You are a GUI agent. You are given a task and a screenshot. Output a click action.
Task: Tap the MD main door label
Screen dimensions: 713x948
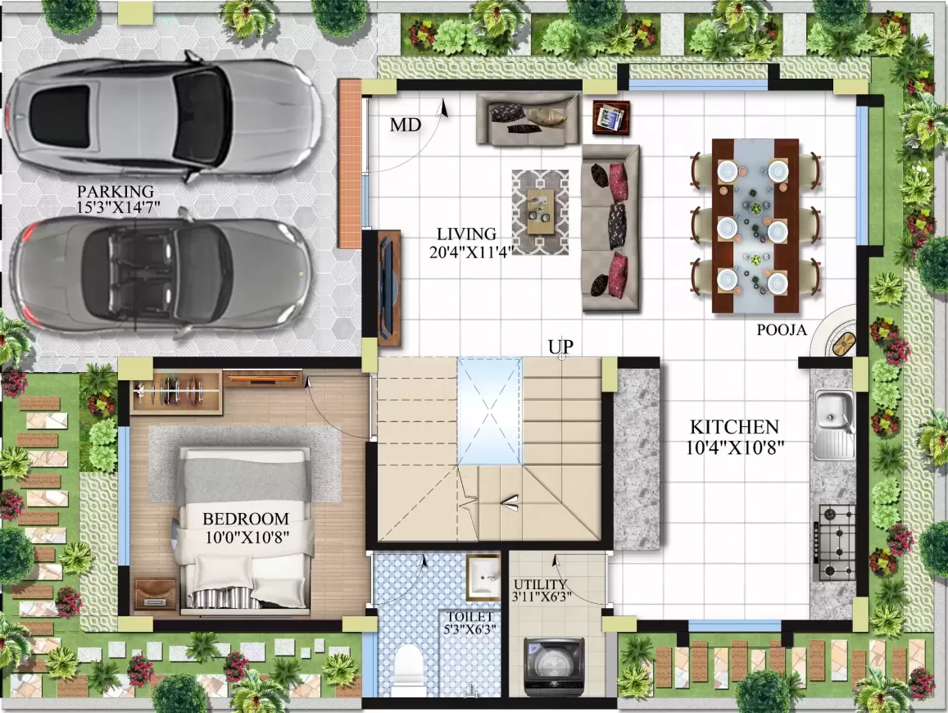click(x=405, y=125)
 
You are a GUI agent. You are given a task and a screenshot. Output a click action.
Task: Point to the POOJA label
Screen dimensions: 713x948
click(x=782, y=330)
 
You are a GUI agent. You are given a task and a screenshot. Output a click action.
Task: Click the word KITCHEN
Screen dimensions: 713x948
click(x=733, y=427)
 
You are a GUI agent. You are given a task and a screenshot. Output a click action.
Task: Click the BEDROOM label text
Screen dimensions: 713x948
click(x=245, y=519)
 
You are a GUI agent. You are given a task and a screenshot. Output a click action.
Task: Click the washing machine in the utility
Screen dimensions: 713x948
click(x=553, y=665)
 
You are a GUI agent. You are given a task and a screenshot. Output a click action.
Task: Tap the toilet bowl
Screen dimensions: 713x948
click(x=406, y=670)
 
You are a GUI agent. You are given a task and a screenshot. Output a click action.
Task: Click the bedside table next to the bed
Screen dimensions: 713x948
click(x=156, y=594)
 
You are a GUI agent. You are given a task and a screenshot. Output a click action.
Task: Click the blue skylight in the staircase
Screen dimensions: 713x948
click(x=488, y=410)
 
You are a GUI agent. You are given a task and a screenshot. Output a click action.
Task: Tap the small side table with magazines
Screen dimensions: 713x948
click(x=610, y=117)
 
